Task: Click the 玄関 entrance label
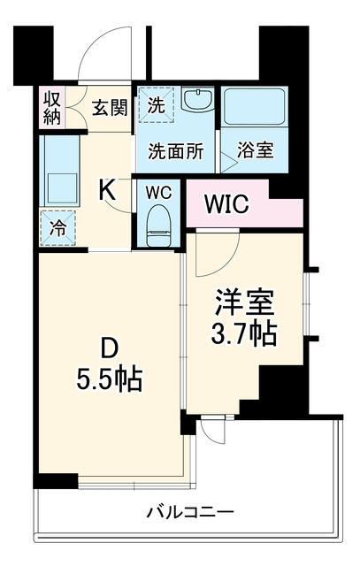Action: (x=110, y=108)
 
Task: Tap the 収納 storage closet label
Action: (x=52, y=107)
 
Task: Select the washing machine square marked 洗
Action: (x=157, y=104)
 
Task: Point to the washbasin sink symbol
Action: (x=198, y=100)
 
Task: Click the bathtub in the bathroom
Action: (x=255, y=107)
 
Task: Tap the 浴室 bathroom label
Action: (x=256, y=149)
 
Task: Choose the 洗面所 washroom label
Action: (x=176, y=151)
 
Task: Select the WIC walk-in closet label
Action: (x=226, y=204)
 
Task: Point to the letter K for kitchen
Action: (x=108, y=190)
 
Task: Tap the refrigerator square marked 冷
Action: (x=57, y=228)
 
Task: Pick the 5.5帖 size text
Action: (x=109, y=379)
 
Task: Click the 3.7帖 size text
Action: (x=244, y=333)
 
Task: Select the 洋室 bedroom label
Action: (x=244, y=302)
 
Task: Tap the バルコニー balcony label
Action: (x=190, y=512)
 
